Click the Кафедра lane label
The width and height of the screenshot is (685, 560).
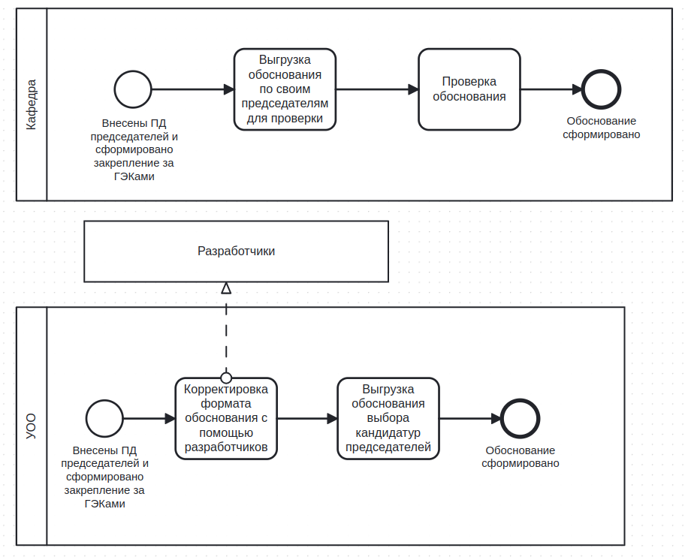[31, 105]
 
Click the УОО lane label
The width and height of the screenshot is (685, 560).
[31, 426]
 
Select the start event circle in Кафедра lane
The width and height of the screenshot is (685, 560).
[133, 71]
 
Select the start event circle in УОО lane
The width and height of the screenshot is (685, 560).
[104, 401]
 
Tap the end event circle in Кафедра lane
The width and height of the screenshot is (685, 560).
[601, 71]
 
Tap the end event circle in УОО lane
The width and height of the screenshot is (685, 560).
[520, 400]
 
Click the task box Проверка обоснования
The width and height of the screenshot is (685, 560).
[469, 89]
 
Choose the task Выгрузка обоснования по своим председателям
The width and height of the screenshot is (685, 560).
[285, 89]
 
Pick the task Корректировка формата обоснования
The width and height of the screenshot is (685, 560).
[226, 419]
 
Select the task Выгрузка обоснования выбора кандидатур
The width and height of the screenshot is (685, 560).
[388, 419]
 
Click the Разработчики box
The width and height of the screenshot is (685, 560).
[236, 251]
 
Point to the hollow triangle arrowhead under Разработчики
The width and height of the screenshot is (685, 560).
[226, 288]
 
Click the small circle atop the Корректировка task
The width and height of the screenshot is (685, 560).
[226, 378]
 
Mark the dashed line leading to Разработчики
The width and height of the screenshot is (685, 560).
[226, 333]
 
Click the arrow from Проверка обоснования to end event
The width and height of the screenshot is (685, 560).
[551, 89]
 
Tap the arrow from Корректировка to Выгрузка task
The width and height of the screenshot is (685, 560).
[307, 419]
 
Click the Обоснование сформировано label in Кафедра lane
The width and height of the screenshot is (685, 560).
[601, 128]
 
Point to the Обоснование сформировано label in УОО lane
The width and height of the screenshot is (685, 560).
[521, 456]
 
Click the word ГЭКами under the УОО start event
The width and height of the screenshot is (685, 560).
[104, 504]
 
